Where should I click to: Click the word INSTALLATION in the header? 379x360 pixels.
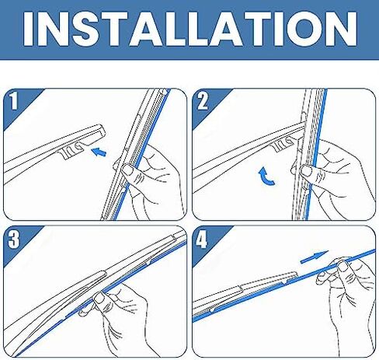point(190,29)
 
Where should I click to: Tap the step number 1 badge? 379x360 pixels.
point(14,100)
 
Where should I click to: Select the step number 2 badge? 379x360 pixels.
point(203,100)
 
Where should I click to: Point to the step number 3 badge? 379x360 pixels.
point(14,239)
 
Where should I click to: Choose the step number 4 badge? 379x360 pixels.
point(201,239)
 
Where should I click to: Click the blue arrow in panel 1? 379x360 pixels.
point(99,152)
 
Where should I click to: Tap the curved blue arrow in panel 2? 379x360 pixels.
point(266,177)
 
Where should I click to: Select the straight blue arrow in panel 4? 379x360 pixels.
point(315,257)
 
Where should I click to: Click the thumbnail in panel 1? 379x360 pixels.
point(127,170)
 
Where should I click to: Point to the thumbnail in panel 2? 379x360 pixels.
point(307,171)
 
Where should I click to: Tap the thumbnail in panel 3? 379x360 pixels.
point(99,298)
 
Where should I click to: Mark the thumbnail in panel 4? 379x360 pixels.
point(342,266)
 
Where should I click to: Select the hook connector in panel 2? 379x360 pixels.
point(284,144)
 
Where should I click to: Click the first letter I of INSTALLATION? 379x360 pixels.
point(29,29)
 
